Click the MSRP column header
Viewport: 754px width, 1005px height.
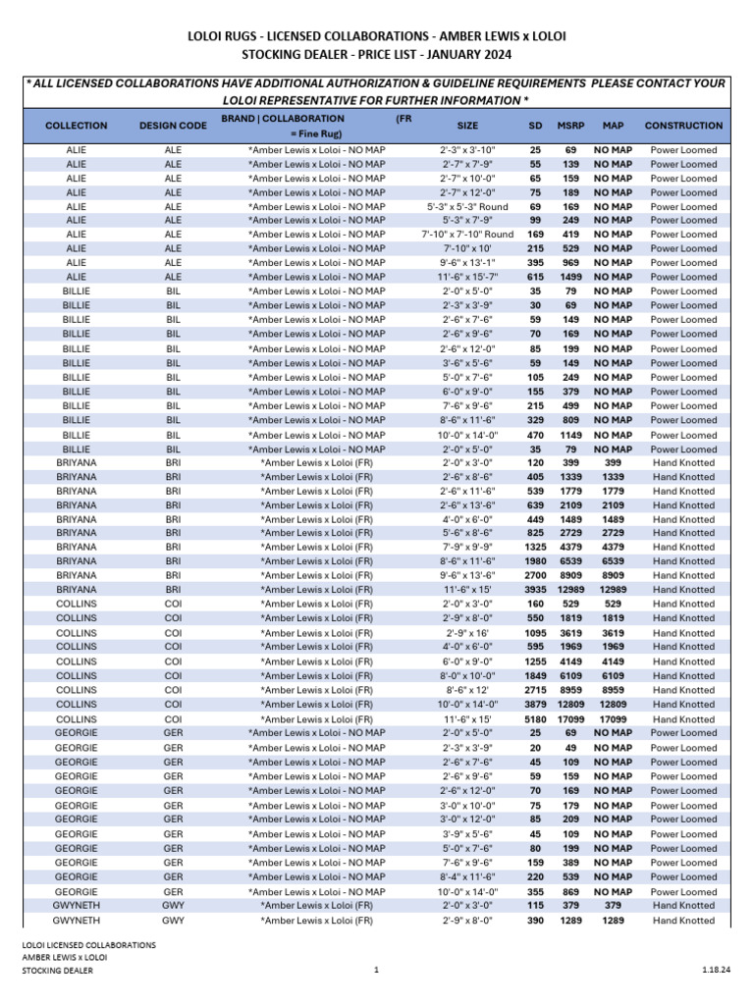[x=570, y=126]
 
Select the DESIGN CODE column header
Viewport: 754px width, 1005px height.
[x=173, y=126]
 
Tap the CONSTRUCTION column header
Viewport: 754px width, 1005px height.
[x=683, y=126]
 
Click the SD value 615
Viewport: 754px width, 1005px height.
[x=535, y=278]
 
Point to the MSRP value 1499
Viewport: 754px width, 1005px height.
[x=570, y=278]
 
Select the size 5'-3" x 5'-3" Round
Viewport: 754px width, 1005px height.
[x=467, y=207]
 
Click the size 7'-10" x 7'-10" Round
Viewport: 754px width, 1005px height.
[x=467, y=236]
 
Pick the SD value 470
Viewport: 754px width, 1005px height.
[x=535, y=435]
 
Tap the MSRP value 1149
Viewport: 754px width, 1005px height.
[x=570, y=435]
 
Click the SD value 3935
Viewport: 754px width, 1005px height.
[x=535, y=590]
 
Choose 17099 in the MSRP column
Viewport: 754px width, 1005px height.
[x=570, y=719]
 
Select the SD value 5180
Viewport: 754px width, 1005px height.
[x=535, y=719]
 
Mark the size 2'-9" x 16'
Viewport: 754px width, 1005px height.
[x=467, y=633]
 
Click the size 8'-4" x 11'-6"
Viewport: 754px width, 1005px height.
[x=467, y=877]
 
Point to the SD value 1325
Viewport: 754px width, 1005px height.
[x=535, y=548]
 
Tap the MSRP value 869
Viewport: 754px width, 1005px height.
[x=570, y=892]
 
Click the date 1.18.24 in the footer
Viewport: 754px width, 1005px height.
[x=715, y=970]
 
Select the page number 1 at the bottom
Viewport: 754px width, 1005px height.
[x=376, y=970]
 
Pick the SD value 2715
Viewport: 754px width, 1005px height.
[x=535, y=690]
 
